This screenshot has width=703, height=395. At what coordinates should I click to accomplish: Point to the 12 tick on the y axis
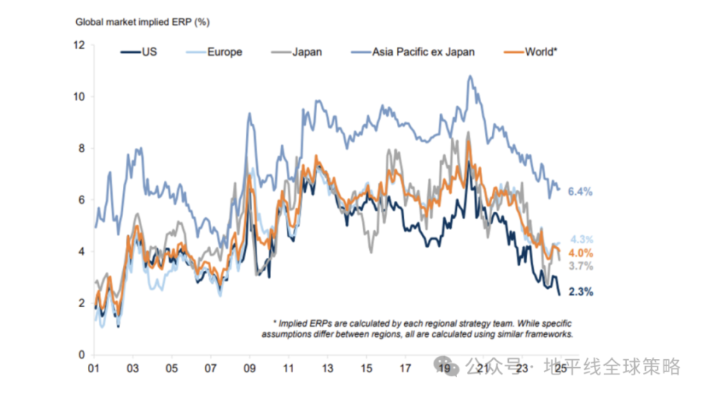click(78, 45)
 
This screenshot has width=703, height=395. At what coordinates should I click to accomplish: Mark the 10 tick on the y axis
click(78, 97)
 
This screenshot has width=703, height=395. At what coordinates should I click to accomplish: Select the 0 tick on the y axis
click(81, 355)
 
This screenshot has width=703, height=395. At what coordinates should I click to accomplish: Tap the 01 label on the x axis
click(94, 369)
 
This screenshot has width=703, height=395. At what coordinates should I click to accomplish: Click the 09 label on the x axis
click(249, 369)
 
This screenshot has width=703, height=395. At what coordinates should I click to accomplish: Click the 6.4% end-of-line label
click(579, 192)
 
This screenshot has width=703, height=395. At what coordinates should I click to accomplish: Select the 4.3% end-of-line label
click(581, 240)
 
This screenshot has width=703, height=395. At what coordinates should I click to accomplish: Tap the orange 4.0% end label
click(581, 254)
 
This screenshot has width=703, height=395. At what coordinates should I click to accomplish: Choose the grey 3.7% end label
click(581, 267)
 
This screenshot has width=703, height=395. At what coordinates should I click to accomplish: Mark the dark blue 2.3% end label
click(580, 292)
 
